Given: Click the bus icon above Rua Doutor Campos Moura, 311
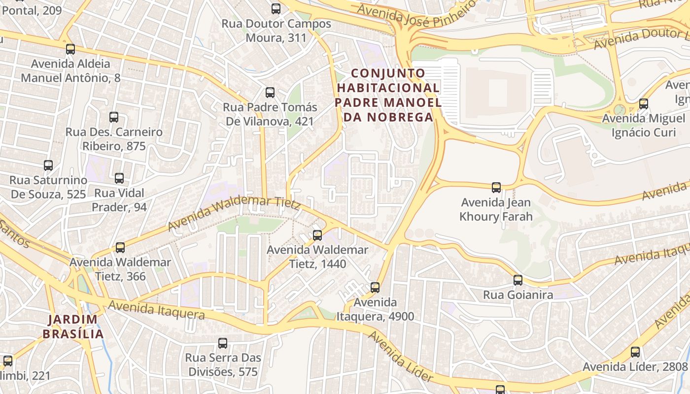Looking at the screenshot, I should (276, 8).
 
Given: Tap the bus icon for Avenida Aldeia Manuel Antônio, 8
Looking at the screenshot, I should (70, 49).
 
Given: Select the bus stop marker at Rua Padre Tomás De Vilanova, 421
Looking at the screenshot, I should (270, 92).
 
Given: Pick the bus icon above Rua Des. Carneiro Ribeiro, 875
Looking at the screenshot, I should (114, 117).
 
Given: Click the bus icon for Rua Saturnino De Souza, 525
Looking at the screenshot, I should (48, 165).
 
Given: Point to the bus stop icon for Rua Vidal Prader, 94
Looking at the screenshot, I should (119, 178).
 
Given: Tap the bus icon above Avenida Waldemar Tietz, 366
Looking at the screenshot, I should (120, 247).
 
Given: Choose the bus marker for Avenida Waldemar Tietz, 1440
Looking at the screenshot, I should (317, 235).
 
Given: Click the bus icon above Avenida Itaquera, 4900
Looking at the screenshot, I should (375, 287).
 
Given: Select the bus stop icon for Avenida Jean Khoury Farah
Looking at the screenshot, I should (496, 187).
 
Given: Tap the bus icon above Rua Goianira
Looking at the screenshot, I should (518, 280).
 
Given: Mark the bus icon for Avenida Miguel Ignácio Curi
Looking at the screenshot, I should (643, 103).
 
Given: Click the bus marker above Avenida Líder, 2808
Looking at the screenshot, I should (635, 352).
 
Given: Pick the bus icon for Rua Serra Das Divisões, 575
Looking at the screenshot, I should (223, 343).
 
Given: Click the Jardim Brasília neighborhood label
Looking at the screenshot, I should (73, 327).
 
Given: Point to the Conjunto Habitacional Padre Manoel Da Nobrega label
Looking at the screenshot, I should (388, 95).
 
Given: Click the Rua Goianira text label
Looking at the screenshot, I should (518, 295).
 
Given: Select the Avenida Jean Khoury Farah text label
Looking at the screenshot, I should (496, 209).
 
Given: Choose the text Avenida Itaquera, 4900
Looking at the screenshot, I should (375, 309).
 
